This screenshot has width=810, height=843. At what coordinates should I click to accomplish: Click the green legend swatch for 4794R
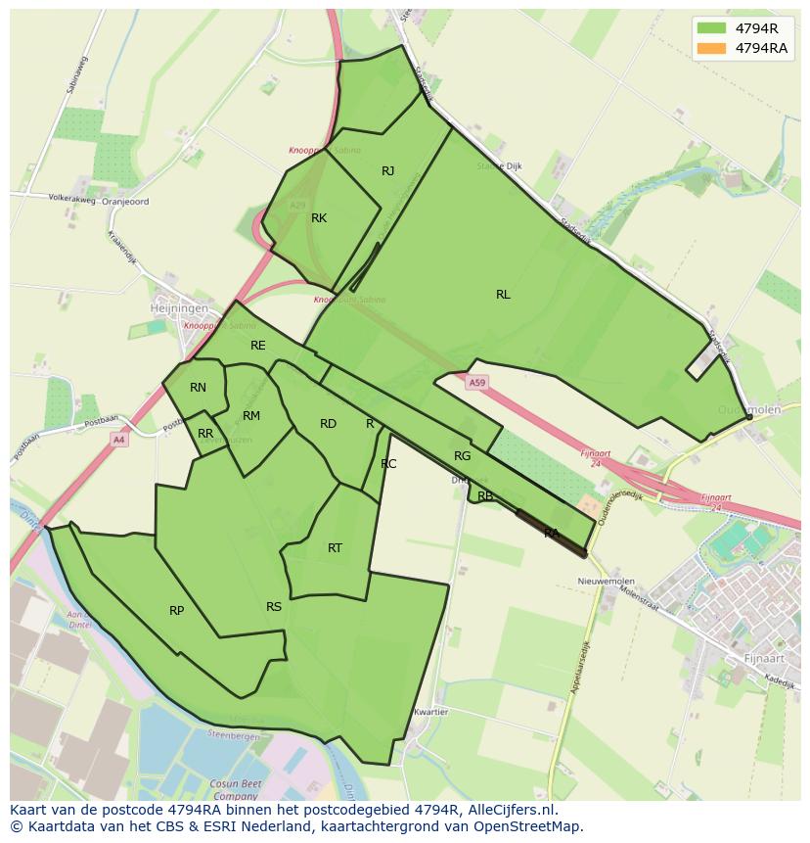(711, 27)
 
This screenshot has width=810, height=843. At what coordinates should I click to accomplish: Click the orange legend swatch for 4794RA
(711, 48)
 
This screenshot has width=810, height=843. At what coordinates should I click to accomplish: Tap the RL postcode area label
(503, 295)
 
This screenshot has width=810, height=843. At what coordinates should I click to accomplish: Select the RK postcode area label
(319, 218)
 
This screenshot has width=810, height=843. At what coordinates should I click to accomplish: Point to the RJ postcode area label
(388, 171)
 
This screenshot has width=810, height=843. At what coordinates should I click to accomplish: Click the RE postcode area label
(258, 346)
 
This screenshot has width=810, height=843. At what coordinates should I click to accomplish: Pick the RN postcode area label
(198, 388)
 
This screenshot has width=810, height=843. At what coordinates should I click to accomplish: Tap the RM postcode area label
(251, 416)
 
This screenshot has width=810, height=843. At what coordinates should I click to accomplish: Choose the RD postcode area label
(329, 424)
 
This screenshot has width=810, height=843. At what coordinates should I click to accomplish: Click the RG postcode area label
(463, 456)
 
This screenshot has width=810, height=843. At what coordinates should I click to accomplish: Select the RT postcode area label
(335, 548)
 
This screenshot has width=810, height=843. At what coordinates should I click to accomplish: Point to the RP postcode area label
(176, 611)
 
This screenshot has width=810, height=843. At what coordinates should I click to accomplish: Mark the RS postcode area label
(274, 607)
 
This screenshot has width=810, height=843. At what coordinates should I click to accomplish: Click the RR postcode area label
(205, 434)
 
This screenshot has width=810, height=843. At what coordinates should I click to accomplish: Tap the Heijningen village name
(179, 307)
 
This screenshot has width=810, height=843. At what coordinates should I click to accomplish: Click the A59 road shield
(476, 382)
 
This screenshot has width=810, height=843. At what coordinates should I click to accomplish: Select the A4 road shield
(118, 440)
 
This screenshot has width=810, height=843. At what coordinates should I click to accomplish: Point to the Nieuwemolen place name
(607, 581)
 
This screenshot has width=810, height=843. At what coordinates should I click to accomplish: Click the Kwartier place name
(430, 712)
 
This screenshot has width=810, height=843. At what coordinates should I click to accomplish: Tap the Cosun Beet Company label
(234, 789)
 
